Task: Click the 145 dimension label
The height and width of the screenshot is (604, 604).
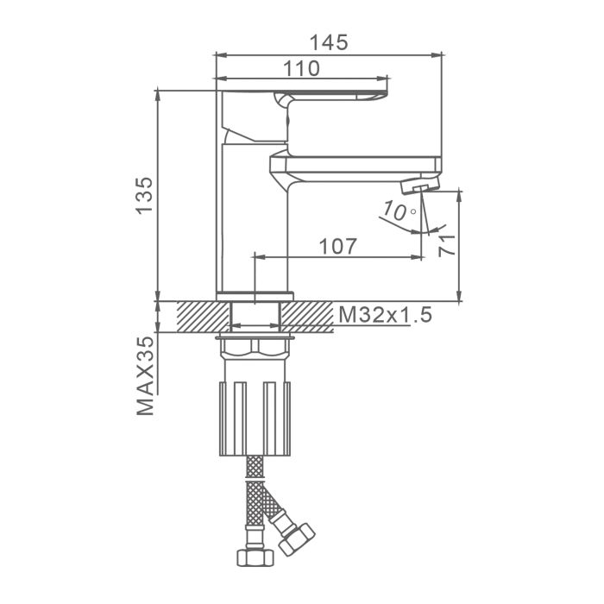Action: pyautogui.click(x=329, y=42)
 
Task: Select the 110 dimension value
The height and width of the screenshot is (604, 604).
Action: pyautogui.click(x=301, y=68)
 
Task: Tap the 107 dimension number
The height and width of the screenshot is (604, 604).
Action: pyautogui.click(x=338, y=247)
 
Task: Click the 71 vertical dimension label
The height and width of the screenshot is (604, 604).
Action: pyautogui.click(x=447, y=245)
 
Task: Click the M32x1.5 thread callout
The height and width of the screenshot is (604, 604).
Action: pyautogui.click(x=385, y=315)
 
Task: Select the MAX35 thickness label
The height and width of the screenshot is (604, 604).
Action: pyautogui.click(x=145, y=376)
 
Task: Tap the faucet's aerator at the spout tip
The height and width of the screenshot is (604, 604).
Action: pyautogui.click(x=420, y=186)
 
